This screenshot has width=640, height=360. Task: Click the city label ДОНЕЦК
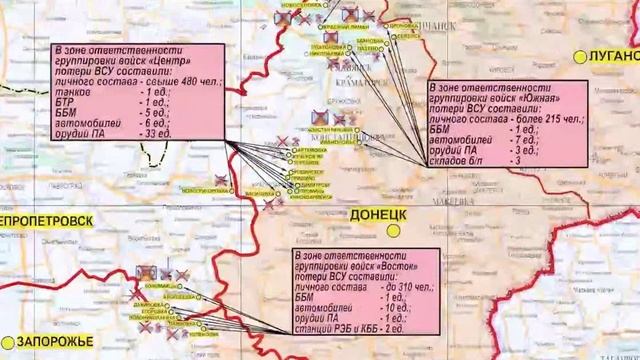click(376, 215)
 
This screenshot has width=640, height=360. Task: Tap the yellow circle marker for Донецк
click(395, 229)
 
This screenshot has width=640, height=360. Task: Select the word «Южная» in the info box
click(557, 104)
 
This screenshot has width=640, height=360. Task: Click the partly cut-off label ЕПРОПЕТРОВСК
click(47, 220)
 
